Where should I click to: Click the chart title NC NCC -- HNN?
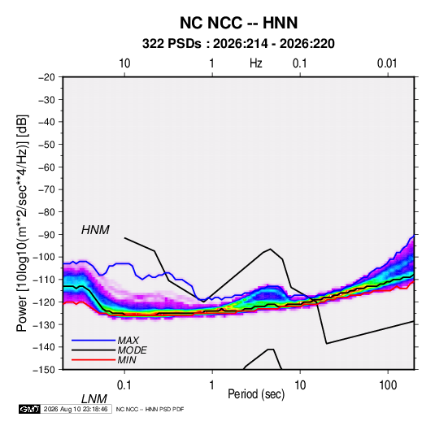[x=238, y=23]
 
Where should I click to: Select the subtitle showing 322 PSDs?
[x=238, y=44]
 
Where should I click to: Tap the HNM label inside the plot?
[x=95, y=230]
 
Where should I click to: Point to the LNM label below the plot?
[x=94, y=399]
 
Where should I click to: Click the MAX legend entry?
[x=128, y=340]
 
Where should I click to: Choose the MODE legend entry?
[x=132, y=350]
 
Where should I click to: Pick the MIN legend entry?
[x=127, y=360]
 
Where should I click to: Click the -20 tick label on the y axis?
[x=46, y=77]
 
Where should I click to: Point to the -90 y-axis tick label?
[x=46, y=235]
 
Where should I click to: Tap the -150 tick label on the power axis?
[x=44, y=370]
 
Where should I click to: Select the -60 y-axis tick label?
[x=46, y=167]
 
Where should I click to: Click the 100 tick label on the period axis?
[x=388, y=385]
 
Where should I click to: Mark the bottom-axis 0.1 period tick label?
[x=124, y=385]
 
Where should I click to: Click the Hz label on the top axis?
[x=256, y=63]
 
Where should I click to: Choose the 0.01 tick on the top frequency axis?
[x=387, y=63]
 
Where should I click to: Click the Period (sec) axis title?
[x=256, y=394]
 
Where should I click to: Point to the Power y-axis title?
[x=22, y=224]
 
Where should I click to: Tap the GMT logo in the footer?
[x=29, y=409]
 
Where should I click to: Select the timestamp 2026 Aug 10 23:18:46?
[x=76, y=409]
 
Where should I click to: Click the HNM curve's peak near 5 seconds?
[x=270, y=249]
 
